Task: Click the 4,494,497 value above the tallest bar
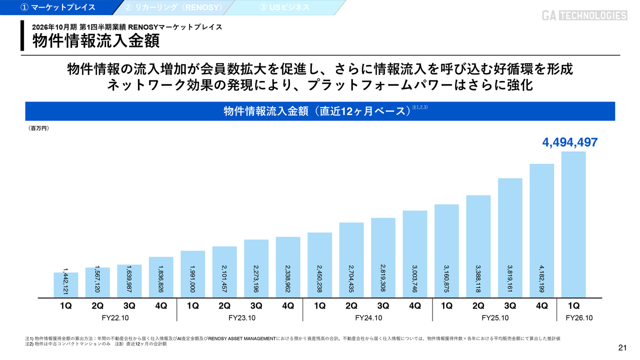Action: coord(570,142)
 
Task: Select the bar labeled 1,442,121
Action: coord(65,285)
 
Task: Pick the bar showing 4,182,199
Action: coord(542,230)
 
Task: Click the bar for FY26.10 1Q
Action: coord(573,225)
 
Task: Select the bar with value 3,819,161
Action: coord(510,237)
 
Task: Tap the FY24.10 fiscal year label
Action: coord(368,317)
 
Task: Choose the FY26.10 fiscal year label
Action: coord(579,317)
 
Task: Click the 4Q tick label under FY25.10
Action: coord(542,306)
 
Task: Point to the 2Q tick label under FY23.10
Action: coord(224,306)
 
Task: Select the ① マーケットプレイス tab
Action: coord(57,7)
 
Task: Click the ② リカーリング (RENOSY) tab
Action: coord(172,7)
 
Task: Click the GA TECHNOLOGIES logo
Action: coord(584,15)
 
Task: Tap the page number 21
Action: coord(622,348)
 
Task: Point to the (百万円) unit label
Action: coord(38,128)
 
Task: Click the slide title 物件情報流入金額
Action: coord(96,41)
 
